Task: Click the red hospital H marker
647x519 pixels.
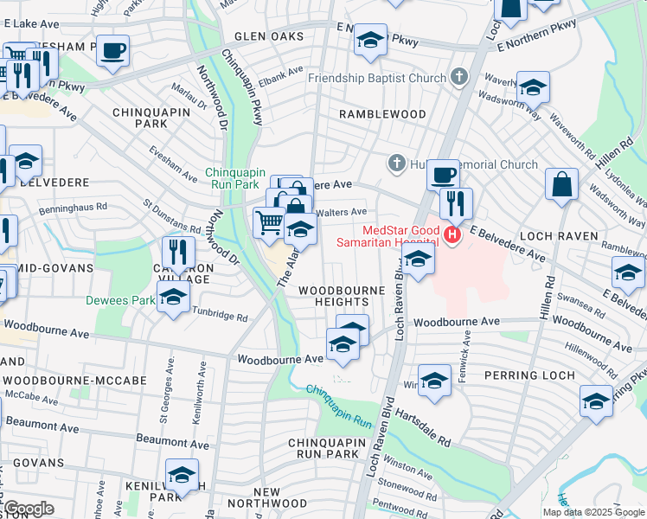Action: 451,234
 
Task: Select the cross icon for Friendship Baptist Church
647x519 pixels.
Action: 459,78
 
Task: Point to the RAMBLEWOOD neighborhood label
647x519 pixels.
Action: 382,114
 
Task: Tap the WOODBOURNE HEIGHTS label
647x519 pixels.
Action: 334,296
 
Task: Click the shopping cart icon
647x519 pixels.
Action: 268,222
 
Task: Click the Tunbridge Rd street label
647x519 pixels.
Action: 219,317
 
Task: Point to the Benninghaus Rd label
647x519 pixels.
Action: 72,208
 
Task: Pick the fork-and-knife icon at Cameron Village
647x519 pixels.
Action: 179,252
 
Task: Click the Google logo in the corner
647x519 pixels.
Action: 29,509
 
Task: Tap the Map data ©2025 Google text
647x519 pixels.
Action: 593,512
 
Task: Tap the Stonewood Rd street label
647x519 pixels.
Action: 404,486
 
